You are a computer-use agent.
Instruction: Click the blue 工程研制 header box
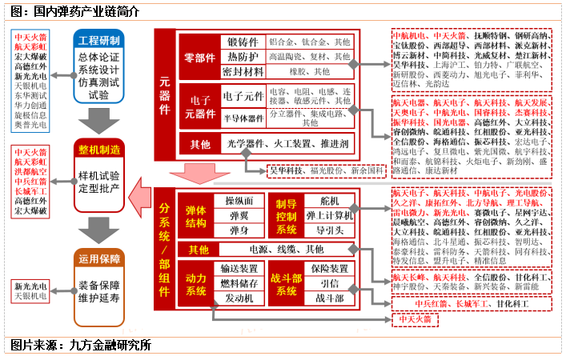pyautogui.click(x=99, y=39)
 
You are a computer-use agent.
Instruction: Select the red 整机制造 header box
pyautogui.click(x=99, y=150)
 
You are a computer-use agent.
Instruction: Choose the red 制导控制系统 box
pyautogui.click(x=284, y=212)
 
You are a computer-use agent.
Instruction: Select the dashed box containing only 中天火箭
pyautogui.click(x=415, y=319)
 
